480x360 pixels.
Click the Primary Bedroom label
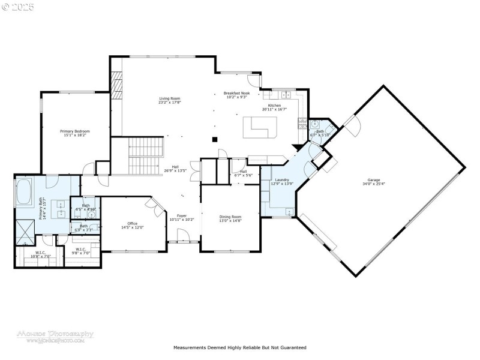(75, 130)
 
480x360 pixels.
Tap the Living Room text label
(170, 98)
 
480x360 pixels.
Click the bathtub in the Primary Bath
(24, 192)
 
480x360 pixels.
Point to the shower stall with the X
(26, 231)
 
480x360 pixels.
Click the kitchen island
(260, 127)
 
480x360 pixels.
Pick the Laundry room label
(282, 179)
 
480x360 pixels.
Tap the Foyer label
(182, 215)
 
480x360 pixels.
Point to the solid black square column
(214, 140)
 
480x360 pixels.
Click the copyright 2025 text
(18, 7)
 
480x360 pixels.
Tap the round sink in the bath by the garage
(314, 124)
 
